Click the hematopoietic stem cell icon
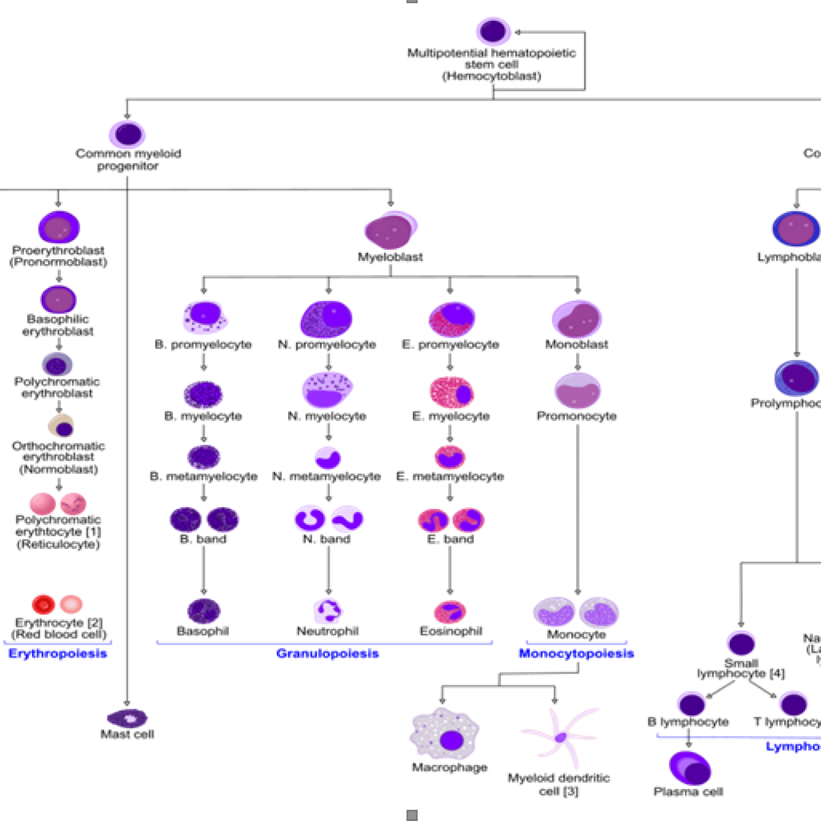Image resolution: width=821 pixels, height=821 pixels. (x=493, y=31)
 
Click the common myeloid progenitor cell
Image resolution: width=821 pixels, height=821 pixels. (x=128, y=134)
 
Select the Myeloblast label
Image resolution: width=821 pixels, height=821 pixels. (x=390, y=257)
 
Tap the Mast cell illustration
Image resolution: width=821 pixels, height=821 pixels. (x=127, y=718)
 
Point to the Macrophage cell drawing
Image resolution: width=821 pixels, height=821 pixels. (x=445, y=735)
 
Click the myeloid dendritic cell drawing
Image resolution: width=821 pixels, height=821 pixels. (x=560, y=738)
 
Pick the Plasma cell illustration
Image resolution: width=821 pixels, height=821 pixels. (x=690, y=769)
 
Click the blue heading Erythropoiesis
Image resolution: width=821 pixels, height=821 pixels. (x=58, y=654)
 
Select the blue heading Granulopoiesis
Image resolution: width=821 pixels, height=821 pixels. (x=327, y=654)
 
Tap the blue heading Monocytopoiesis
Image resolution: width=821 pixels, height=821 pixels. (x=576, y=654)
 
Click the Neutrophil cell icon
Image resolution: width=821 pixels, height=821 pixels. (x=328, y=611)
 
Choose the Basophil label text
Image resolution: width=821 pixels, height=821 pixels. (x=203, y=631)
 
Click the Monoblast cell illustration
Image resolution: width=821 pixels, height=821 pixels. (x=577, y=320)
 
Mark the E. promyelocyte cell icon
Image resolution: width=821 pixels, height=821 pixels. (x=452, y=319)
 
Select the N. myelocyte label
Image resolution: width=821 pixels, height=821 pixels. (x=327, y=416)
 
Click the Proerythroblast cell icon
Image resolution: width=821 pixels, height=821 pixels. (x=59, y=228)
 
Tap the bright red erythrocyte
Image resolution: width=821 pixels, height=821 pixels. (x=43, y=605)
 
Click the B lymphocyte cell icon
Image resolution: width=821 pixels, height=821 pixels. (x=692, y=704)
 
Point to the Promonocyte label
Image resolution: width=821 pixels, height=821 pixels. (x=577, y=416)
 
